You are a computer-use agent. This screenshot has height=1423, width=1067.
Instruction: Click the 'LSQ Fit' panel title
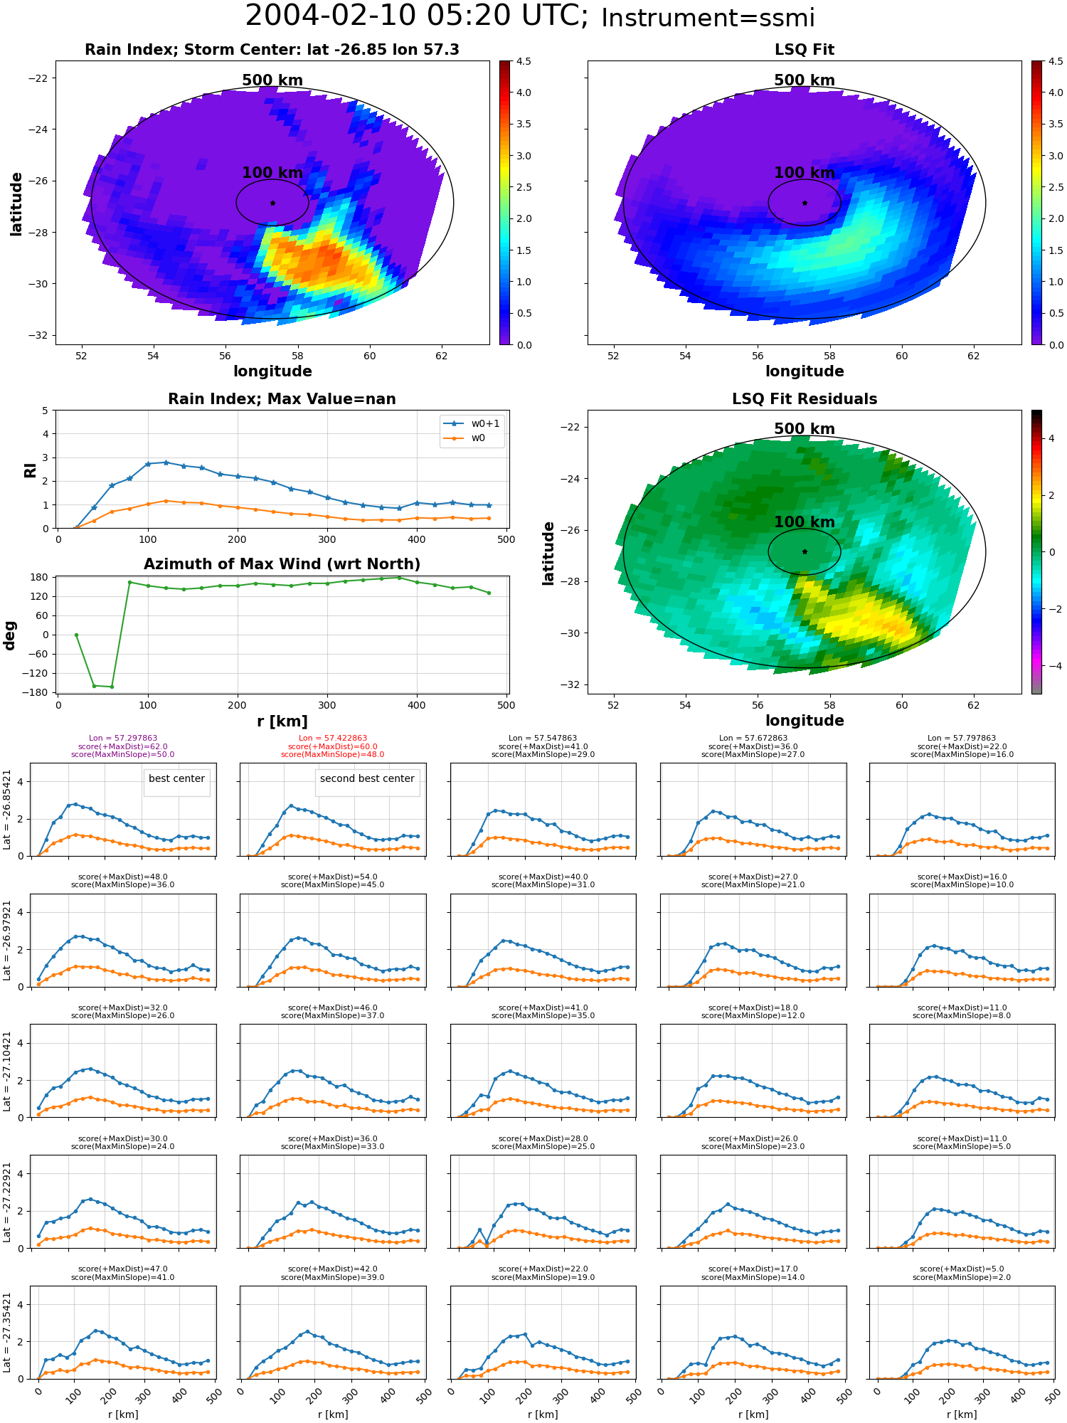[804, 50]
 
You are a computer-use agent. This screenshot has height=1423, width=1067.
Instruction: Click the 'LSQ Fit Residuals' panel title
[805, 399]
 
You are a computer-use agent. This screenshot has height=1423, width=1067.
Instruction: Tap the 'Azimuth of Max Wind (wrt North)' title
[282, 564]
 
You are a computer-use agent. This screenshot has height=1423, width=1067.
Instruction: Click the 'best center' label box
[176, 779]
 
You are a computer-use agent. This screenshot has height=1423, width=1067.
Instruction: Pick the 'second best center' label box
[367, 779]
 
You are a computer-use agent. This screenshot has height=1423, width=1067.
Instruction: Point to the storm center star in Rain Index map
[272, 203]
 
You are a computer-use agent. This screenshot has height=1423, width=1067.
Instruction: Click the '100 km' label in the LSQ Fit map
[805, 173]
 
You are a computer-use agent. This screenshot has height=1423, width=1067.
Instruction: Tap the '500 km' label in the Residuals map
[805, 429]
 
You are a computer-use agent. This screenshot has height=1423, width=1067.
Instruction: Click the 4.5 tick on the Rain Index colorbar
[524, 62]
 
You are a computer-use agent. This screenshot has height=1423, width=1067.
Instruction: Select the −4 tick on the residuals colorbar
[1051, 666]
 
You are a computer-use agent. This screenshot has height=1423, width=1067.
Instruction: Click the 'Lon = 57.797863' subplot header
[962, 739]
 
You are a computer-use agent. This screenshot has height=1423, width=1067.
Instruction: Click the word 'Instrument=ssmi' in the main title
[708, 18]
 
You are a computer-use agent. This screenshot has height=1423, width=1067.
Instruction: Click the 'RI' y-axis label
[30, 470]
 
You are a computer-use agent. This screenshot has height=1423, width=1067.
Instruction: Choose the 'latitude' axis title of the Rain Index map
[16, 203]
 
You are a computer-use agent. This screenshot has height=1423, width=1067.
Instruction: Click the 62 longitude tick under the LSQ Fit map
[974, 356]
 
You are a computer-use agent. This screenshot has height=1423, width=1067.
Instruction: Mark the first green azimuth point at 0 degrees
[76, 635]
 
